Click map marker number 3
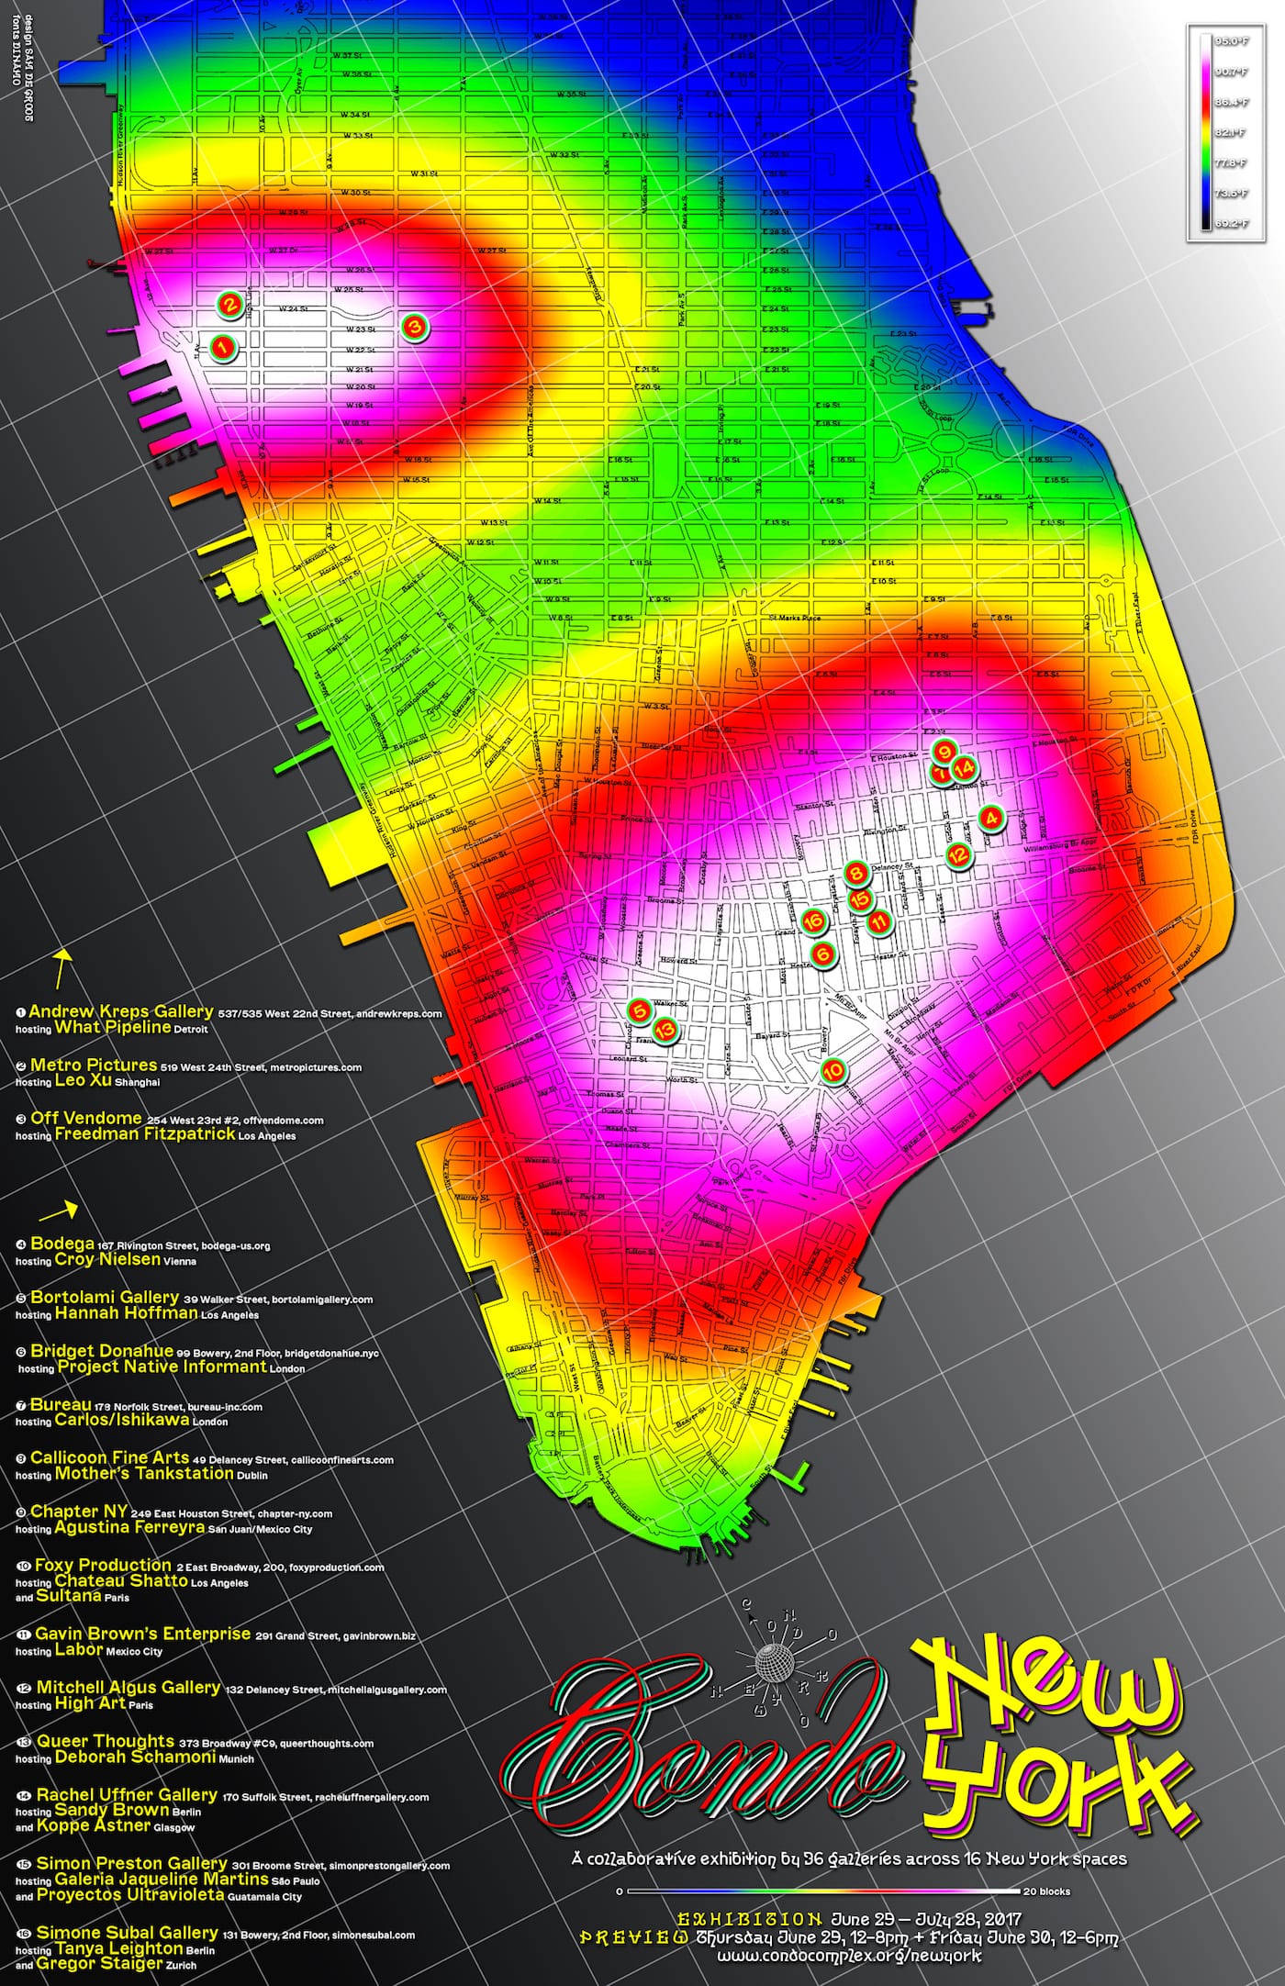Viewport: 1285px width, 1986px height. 414,326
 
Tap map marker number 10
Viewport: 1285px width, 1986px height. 833,1070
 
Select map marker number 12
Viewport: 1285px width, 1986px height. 957,854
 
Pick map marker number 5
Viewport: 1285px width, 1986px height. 640,1010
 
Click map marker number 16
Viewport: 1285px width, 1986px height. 812,921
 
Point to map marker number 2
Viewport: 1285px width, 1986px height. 229,303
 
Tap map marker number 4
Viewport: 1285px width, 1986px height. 990,817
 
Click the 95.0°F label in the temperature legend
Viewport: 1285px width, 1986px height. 1230,41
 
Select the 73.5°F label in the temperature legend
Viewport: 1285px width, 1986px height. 1230,194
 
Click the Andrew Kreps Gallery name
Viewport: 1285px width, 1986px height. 120,1011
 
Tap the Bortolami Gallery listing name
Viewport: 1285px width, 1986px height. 104,1297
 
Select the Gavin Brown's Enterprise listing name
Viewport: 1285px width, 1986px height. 142,1634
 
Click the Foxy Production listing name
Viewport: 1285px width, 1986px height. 103,1565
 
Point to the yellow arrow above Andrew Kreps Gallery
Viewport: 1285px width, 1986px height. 62,965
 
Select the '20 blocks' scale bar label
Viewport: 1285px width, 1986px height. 1046,1891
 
